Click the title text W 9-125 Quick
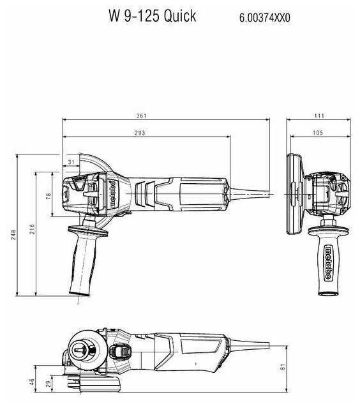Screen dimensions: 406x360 (x=152, y=17)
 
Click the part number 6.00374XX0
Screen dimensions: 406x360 (x=264, y=19)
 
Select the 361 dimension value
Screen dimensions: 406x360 (x=141, y=116)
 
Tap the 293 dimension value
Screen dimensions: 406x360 (x=140, y=133)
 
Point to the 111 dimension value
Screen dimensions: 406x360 (x=319, y=116)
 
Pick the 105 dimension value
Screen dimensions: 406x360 (x=319, y=133)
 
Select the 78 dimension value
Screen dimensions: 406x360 (x=49, y=197)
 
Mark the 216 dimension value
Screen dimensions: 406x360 (x=32, y=229)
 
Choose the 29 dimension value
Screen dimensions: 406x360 (x=49, y=385)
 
